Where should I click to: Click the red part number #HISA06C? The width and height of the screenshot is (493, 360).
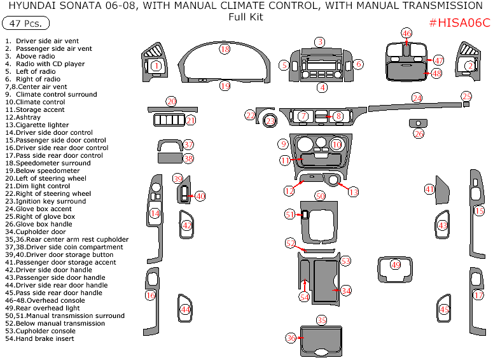(x=460, y=23)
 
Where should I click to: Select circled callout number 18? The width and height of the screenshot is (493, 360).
(x=225, y=49)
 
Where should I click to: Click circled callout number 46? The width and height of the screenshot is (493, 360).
(x=406, y=33)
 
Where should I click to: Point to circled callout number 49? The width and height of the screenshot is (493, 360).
(x=395, y=264)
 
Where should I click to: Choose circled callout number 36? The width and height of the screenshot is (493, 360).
(x=291, y=338)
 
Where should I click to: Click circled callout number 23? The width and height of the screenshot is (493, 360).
(x=270, y=120)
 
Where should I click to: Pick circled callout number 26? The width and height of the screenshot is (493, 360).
(x=418, y=134)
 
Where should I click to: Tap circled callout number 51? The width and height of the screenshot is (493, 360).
(x=290, y=215)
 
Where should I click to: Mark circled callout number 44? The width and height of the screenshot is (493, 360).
(x=185, y=309)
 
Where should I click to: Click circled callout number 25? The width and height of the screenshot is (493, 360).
(x=466, y=96)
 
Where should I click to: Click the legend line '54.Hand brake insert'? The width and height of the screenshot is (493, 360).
(x=39, y=339)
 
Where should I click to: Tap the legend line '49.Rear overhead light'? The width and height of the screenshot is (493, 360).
(x=42, y=308)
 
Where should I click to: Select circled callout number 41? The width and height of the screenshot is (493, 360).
(x=429, y=189)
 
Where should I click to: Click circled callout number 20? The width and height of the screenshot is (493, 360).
(x=171, y=101)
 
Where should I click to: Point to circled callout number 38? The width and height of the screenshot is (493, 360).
(x=188, y=158)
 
